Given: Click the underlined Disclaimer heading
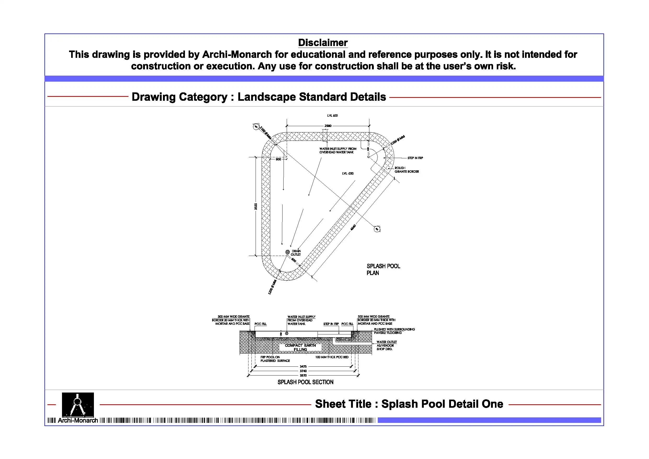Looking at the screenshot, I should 323,43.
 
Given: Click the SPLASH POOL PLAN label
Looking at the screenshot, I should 383,270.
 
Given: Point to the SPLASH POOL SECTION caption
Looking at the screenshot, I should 305,382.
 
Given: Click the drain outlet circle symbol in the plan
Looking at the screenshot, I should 287,252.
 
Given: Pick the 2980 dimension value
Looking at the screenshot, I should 328,126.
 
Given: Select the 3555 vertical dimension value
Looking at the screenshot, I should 256,206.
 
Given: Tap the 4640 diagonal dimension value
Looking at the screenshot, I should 353,227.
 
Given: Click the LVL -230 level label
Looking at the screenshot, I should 348,173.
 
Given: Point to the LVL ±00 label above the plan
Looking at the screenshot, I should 332,116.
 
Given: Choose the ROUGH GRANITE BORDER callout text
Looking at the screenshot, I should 407,170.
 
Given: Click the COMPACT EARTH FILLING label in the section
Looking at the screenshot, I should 300,347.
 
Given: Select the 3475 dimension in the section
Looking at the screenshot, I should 303,367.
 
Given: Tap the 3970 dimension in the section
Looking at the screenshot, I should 303,376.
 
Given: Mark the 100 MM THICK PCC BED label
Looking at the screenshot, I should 332,357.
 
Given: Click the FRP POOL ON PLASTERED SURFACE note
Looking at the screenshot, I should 275,359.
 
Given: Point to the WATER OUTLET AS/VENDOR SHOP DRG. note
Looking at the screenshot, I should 386,346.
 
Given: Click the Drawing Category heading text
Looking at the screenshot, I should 259,97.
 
